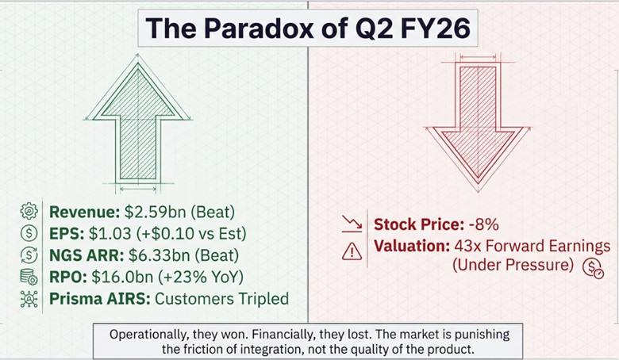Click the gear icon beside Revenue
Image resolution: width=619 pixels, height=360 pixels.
pyautogui.click(x=29, y=211)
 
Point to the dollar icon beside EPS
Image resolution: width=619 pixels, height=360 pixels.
pyautogui.click(x=29, y=233)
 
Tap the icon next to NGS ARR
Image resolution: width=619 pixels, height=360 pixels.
pyautogui.click(x=29, y=255)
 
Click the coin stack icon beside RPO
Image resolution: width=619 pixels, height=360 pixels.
pyautogui.click(x=29, y=278)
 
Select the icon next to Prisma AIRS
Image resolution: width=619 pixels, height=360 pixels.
pyautogui.click(x=29, y=300)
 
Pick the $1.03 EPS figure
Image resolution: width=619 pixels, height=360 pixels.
pyautogui.click(x=102, y=233)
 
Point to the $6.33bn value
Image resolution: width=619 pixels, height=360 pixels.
pyautogui.click(x=147, y=255)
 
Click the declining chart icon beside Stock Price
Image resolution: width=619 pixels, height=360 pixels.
pyautogui.click(x=352, y=224)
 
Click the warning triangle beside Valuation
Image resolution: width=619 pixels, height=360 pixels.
pyautogui.click(x=352, y=251)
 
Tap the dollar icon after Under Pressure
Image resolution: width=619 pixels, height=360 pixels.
pyautogui.click(x=592, y=268)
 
